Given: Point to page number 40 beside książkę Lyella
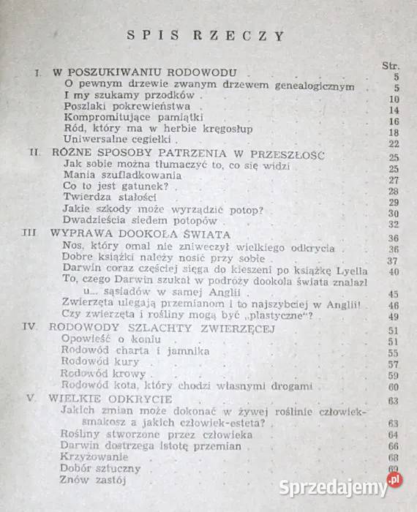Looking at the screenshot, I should coord(394,272).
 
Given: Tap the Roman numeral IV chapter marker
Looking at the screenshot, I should coord(33,329).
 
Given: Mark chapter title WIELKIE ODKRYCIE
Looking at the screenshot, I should coord(113,399).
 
